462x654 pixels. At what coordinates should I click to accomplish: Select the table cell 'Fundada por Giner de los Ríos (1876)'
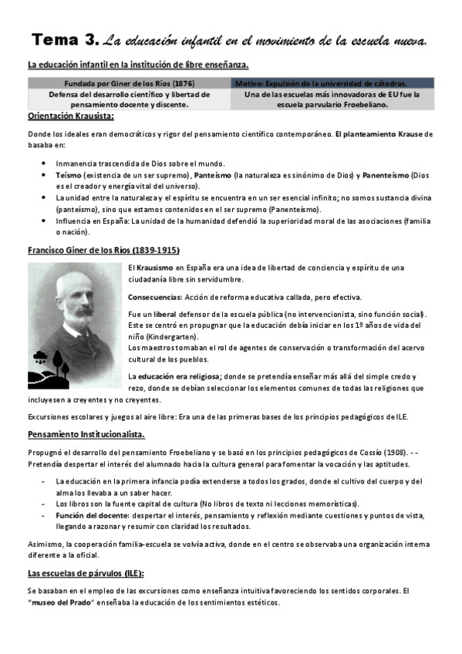(x=129, y=83)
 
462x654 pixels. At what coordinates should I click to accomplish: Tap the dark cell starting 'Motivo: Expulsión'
(x=331, y=83)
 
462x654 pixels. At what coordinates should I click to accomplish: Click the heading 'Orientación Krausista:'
(x=70, y=117)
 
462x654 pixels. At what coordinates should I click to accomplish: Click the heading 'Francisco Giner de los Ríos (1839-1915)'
(x=103, y=250)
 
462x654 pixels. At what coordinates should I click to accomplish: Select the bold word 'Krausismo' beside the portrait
(x=160, y=268)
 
